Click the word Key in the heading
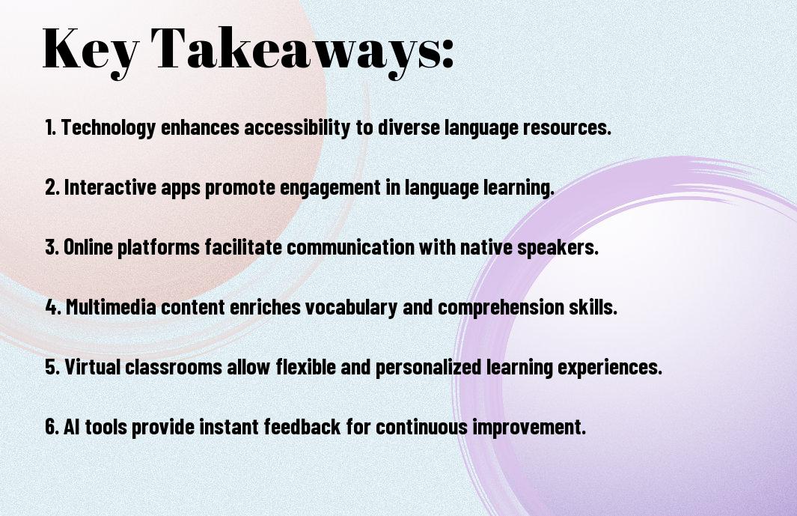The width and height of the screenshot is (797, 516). click(x=91, y=50)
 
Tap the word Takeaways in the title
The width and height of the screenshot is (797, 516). click(x=296, y=50)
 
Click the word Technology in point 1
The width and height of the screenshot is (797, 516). click(x=108, y=128)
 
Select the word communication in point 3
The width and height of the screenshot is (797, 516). click(x=351, y=247)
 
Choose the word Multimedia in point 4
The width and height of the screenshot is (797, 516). click(x=111, y=307)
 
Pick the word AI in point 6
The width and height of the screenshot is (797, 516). click(x=72, y=426)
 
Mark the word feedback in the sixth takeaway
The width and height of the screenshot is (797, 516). click(x=302, y=426)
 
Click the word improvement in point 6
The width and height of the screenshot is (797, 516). click(x=529, y=427)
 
